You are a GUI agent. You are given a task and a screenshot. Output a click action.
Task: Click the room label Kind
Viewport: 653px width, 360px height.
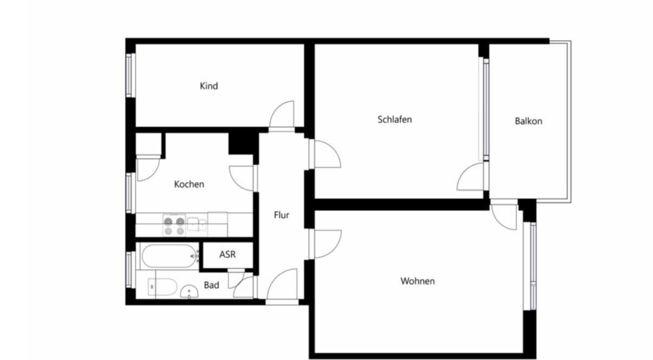[209, 86]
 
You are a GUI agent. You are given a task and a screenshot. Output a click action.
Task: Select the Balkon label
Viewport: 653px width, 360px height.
[528, 121]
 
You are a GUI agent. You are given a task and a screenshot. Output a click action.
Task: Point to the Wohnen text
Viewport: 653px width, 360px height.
[417, 281]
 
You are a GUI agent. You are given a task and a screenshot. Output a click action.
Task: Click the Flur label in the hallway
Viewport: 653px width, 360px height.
[281, 215]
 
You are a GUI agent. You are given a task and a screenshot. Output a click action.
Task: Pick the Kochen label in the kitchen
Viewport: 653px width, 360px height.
[189, 184]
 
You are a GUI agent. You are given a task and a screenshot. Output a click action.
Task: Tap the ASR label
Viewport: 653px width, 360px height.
[227, 254]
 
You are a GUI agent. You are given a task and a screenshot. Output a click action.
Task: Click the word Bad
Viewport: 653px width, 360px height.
[211, 285]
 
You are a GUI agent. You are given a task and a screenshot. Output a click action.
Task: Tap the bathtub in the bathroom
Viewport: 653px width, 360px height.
[168, 256]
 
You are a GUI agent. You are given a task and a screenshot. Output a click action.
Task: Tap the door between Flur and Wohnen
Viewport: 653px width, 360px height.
[326, 243]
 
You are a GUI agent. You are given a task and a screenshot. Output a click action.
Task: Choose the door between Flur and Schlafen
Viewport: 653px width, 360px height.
[326, 154]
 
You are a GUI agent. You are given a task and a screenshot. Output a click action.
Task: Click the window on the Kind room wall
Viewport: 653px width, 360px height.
[130, 75]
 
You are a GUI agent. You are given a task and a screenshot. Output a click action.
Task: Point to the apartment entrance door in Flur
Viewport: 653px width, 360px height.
[282, 285]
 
